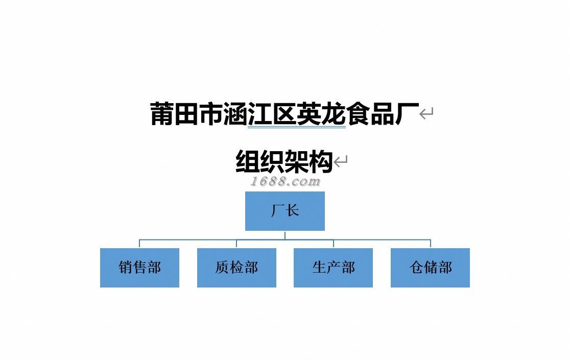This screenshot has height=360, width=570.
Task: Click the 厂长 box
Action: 284,211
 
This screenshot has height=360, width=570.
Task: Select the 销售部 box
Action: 139,268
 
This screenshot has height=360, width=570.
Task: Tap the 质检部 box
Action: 236,268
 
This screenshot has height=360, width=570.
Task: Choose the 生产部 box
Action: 333,268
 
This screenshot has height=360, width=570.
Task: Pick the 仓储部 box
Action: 430,268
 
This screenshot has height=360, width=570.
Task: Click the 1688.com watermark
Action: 285,181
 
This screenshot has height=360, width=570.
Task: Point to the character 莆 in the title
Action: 162,114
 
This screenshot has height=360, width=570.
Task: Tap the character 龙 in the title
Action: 334,114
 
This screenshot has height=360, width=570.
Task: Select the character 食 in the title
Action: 359,114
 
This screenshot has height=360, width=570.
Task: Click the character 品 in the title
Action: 383,114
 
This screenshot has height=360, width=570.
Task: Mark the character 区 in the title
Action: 285,114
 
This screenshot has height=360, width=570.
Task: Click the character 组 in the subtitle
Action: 248,162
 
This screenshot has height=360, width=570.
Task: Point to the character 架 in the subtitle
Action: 297,162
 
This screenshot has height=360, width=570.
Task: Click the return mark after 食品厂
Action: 426,113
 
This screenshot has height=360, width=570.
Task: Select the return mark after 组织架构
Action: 341,162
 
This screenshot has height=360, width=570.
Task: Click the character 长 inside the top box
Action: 293,210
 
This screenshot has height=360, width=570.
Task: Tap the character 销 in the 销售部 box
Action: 126,268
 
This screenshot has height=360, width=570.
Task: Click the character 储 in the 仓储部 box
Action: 431,268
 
